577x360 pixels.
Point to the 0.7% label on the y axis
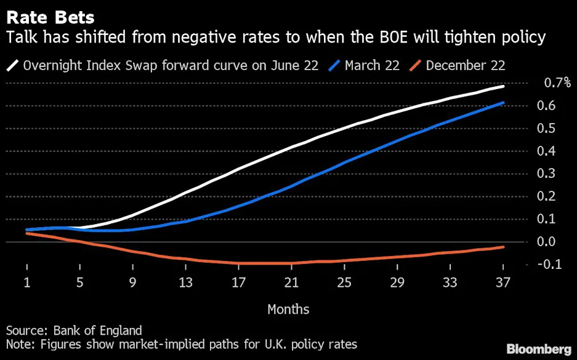click(x=556, y=83)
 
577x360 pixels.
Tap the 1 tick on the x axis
click(x=27, y=283)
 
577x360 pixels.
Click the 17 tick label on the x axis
click(x=238, y=283)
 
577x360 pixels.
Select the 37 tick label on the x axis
click(x=503, y=283)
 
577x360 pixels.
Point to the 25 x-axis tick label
click(x=344, y=283)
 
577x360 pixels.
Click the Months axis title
click(x=288, y=309)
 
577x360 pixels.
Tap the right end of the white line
click(x=504, y=86)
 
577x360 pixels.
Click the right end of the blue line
click(x=504, y=103)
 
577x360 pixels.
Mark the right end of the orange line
click(x=504, y=247)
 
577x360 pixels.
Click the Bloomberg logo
click(x=538, y=349)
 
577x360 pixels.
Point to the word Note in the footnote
click(x=19, y=344)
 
